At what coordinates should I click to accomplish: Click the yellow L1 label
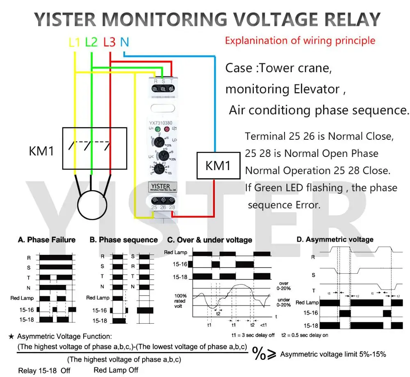[x=74, y=42]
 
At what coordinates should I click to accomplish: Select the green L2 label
[x=91, y=42]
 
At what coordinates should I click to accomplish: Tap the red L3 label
[x=109, y=42]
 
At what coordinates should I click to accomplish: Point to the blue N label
[x=125, y=42]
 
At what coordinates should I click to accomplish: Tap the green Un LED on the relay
[x=157, y=129]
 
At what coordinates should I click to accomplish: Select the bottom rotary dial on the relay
[x=163, y=169]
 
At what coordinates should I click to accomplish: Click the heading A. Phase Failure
[x=47, y=240]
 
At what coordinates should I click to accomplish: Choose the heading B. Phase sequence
[x=123, y=240]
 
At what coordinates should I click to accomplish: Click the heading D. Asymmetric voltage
[x=335, y=239]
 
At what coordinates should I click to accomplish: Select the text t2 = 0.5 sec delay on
[x=304, y=334]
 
